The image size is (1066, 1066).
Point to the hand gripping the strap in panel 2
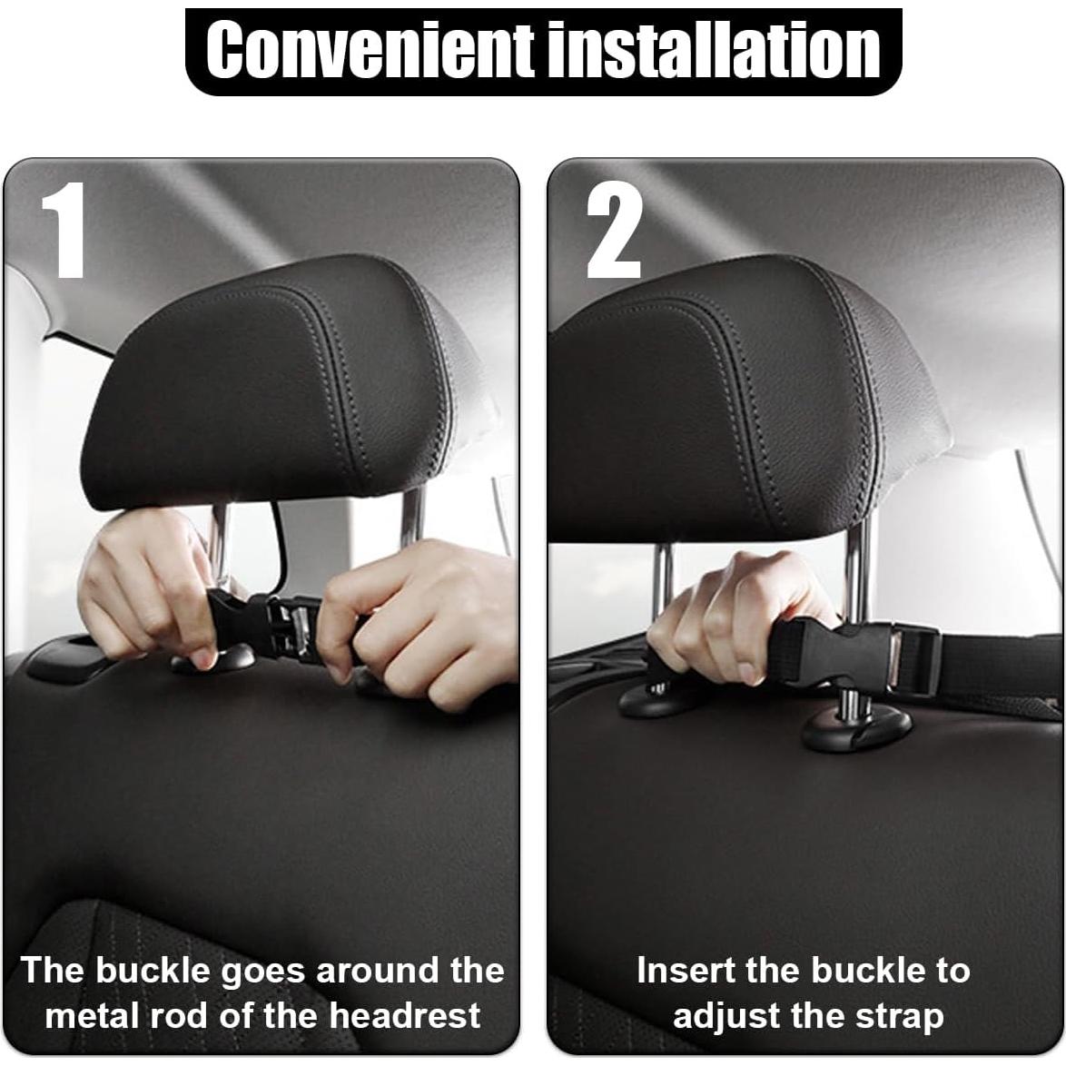(x=726, y=617)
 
